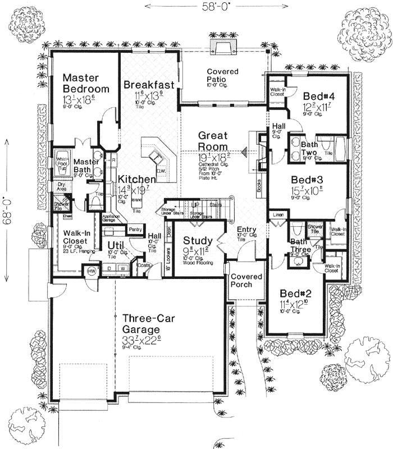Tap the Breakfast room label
pyautogui.click(x=148, y=84)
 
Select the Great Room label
pyautogui.click(x=212, y=141)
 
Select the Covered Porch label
pyautogui.click(x=248, y=281)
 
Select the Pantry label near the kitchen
pyautogui.click(x=134, y=229)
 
